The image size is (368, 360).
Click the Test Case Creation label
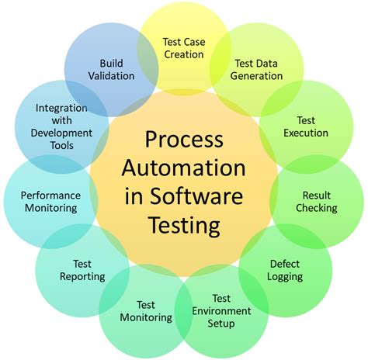pos(183,47)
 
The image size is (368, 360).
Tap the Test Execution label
pos(306,126)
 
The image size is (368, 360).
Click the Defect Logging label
pos(286,270)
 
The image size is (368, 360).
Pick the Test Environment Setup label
pos(221,311)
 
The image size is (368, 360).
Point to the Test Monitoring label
pos(145,311)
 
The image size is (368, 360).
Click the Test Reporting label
pos(82,270)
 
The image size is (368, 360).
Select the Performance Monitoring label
pos(49,202)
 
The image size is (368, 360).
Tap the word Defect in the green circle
pos(285,263)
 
